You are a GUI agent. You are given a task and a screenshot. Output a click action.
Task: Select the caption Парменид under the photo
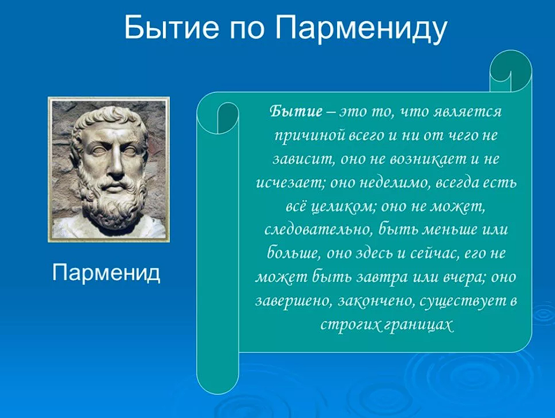(106, 273)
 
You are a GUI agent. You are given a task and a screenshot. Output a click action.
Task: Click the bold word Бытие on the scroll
(296, 112)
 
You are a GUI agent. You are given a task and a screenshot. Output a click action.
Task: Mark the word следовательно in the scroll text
(317, 230)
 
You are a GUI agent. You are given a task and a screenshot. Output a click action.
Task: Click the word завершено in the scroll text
(293, 301)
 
